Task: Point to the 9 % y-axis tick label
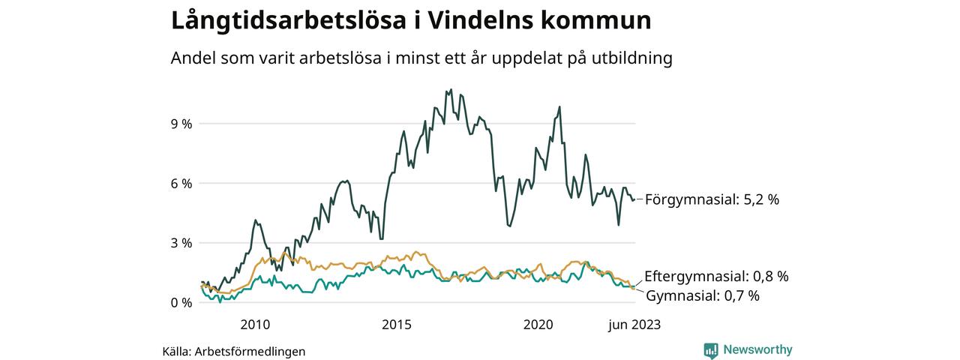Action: coord(181,124)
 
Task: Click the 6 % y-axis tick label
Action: coord(181,184)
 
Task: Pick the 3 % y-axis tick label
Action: coord(181,243)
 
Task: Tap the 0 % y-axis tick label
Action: coord(181,303)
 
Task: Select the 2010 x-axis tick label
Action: coord(255,325)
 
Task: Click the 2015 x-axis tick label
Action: coord(397,325)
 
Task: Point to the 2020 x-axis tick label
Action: coord(538,325)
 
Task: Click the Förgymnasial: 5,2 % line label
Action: coord(712,199)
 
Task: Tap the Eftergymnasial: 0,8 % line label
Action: coord(716,276)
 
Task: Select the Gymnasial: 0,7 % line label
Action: coord(702,295)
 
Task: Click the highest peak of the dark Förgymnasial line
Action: coord(450,89)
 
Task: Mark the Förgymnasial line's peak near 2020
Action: coord(559,106)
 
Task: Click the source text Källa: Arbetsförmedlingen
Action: coord(234,351)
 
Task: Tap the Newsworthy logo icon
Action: coord(711,349)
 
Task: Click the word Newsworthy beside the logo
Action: coord(757,349)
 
